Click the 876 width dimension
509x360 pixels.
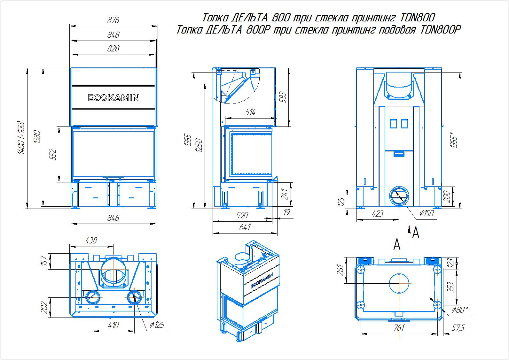click(x=113, y=20)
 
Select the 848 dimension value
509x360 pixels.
click(x=113, y=35)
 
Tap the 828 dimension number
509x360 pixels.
click(x=113, y=49)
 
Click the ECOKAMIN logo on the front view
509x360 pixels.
click(x=114, y=98)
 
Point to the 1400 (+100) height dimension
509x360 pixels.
click(x=21, y=138)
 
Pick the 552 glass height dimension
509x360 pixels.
click(x=53, y=154)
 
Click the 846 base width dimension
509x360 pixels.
click(x=113, y=218)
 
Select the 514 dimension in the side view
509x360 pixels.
click(x=250, y=112)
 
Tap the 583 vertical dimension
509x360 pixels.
click(x=282, y=97)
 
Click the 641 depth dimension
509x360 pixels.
click(x=245, y=227)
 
